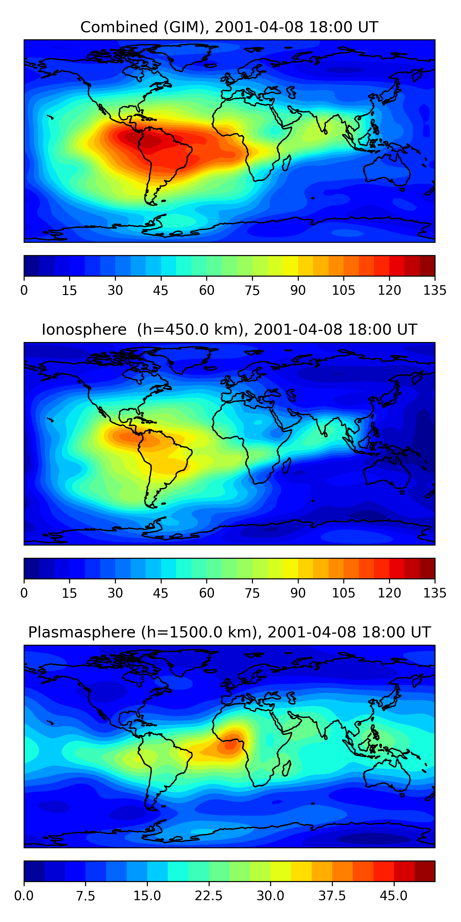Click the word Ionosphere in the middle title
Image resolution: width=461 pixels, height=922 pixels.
(84, 330)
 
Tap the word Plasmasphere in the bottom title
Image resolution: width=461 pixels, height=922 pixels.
(82, 632)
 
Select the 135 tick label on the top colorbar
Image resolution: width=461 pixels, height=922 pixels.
(435, 290)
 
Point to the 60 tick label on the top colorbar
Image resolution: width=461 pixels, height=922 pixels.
(207, 290)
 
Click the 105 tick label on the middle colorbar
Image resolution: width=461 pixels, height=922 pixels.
(344, 593)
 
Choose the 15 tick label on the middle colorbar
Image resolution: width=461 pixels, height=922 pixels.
(69, 593)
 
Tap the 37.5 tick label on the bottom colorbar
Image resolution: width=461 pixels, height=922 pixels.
(332, 896)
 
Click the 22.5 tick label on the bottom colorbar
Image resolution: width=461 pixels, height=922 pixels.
(209, 896)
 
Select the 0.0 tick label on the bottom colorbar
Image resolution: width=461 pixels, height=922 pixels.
(24, 896)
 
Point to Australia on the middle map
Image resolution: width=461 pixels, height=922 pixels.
(387, 472)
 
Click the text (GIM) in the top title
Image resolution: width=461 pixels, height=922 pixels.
(186, 27)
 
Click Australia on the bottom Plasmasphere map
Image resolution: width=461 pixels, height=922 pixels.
(387, 775)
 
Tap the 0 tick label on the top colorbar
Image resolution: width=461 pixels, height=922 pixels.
(24, 290)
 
